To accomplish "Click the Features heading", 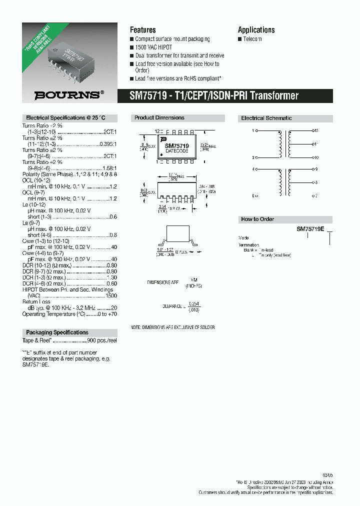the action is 143,30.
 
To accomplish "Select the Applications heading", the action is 256,30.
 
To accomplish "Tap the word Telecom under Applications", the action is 252,39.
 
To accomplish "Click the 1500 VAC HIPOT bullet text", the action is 154,47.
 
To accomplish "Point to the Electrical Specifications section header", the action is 63,118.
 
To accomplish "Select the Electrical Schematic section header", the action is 266,118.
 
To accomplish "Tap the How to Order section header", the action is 257,219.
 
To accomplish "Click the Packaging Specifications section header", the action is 57,332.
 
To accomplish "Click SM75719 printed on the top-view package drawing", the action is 177,145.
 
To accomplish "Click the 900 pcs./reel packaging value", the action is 102,340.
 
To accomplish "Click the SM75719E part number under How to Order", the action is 310,229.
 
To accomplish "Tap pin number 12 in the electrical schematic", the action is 316,130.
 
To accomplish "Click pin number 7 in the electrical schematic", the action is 316,196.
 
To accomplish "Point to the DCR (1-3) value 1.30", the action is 111,277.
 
